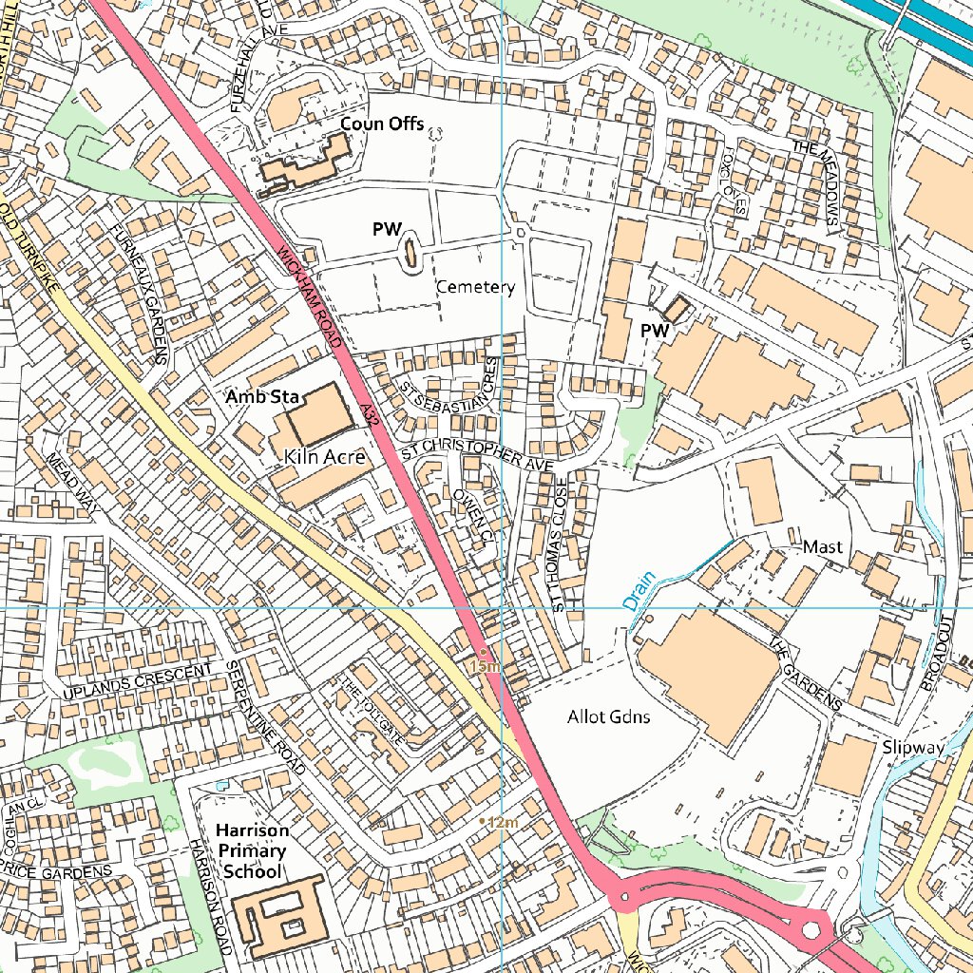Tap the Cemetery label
click(475, 287)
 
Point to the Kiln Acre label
click(325, 457)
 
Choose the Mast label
click(823, 547)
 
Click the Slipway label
click(912, 747)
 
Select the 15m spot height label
click(484, 667)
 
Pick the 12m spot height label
click(501, 821)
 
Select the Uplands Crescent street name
click(138, 684)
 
